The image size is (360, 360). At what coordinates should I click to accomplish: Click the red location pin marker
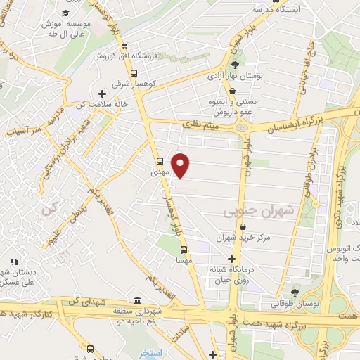181,165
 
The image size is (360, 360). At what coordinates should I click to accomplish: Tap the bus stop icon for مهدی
160,160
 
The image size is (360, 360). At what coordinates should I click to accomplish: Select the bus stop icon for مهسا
184,250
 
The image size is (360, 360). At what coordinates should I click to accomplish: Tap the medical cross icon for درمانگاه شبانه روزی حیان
231,259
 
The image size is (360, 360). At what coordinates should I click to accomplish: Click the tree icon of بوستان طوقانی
295,292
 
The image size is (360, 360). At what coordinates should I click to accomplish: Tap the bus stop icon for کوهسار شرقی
134,72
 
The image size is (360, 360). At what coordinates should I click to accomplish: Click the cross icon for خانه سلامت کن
103,94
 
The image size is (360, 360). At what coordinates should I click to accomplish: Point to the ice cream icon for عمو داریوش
232,90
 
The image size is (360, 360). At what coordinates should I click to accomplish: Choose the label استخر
151,352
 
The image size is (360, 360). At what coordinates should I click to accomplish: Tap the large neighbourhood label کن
48,207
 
